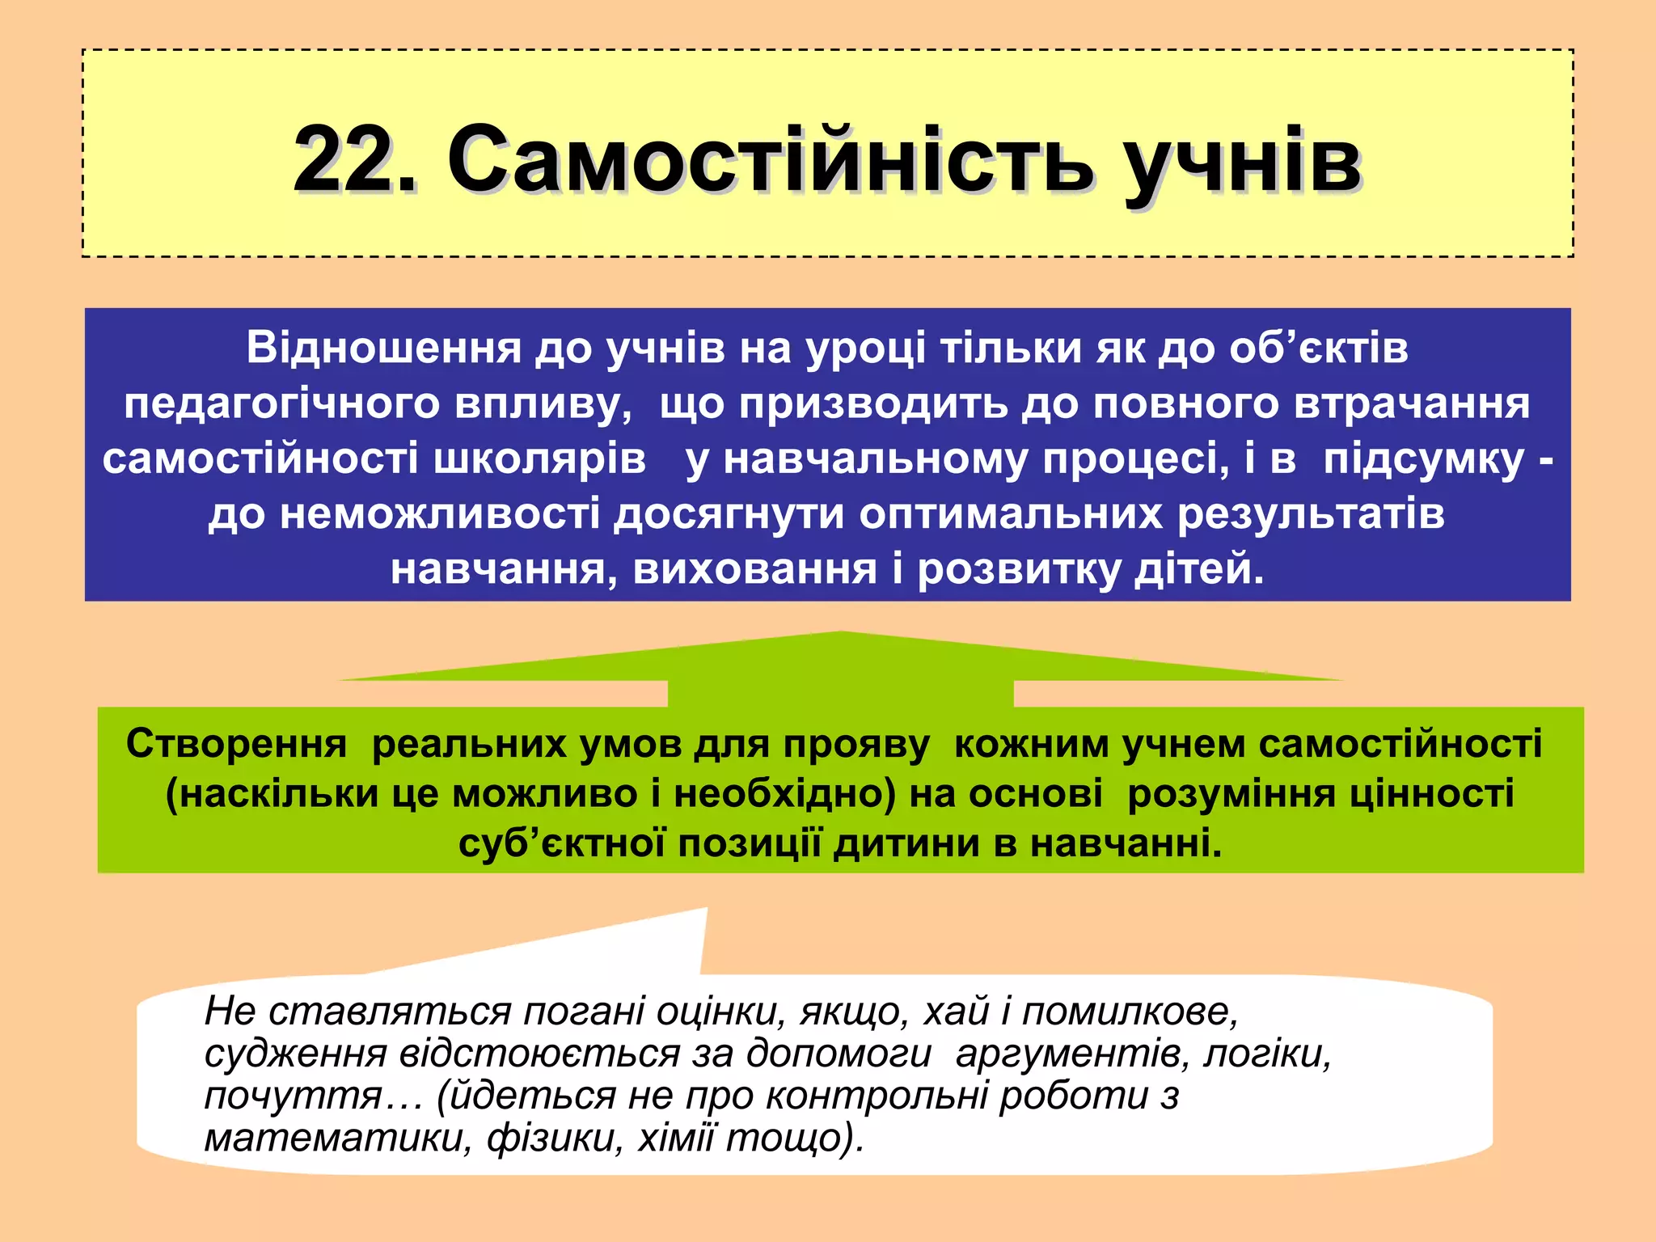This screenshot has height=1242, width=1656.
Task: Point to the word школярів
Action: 539,458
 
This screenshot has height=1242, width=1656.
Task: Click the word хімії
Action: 677,1138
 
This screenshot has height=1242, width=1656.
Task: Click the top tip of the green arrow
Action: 840,633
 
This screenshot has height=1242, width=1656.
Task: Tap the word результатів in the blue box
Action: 1311,514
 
